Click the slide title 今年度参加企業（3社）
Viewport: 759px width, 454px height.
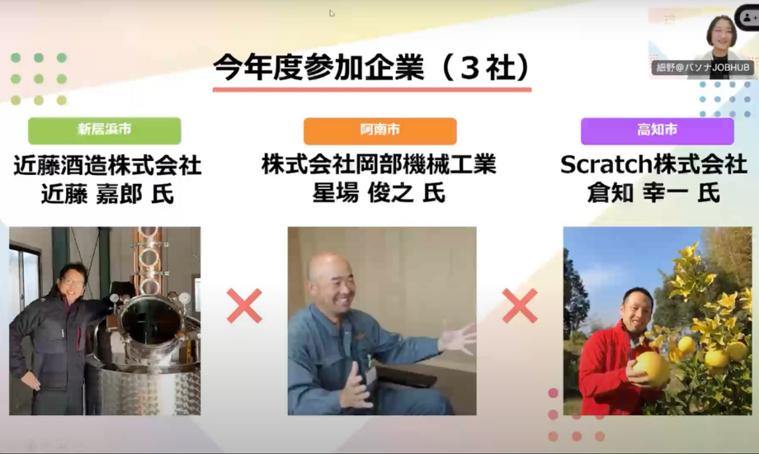click(x=372, y=68)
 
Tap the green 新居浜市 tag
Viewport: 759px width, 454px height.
click(x=105, y=130)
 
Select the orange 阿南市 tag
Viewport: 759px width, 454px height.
click(x=380, y=130)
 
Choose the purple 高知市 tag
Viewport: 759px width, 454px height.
click(x=658, y=130)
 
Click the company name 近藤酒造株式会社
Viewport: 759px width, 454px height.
click(x=107, y=166)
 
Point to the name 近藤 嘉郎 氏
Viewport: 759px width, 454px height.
click(x=107, y=195)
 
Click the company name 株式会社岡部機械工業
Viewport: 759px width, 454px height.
click(x=379, y=164)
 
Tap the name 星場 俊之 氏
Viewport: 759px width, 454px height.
click(x=379, y=193)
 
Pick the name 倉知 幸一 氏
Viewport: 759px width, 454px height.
click(x=653, y=193)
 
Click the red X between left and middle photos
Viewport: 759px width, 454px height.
click(x=244, y=305)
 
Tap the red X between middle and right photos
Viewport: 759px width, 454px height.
click(x=520, y=305)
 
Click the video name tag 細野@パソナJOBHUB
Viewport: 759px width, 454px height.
click(x=703, y=68)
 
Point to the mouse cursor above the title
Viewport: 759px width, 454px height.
click(x=332, y=13)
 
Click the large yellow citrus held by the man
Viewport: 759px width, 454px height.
click(x=651, y=369)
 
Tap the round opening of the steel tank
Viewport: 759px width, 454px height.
click(x=151, y=322)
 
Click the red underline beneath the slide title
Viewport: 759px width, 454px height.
click(x=372, y=90)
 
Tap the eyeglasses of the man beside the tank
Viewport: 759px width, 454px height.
click(x=73, y=282)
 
